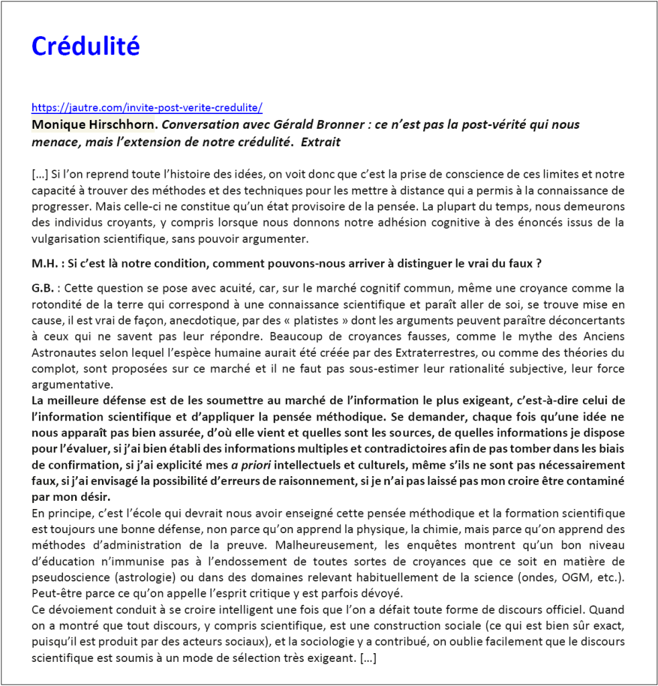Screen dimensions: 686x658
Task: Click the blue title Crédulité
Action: point(85,46)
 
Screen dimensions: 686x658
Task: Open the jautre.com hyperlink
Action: point(147,107)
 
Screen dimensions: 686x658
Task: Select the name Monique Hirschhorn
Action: point(92,125)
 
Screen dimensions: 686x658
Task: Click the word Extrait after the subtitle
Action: point(320,141)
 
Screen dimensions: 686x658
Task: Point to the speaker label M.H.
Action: point(45,264)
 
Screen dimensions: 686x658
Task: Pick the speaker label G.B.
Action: point(43,288)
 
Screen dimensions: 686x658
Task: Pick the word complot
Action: point(52,369)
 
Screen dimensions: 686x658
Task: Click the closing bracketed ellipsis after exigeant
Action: point(368,659)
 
